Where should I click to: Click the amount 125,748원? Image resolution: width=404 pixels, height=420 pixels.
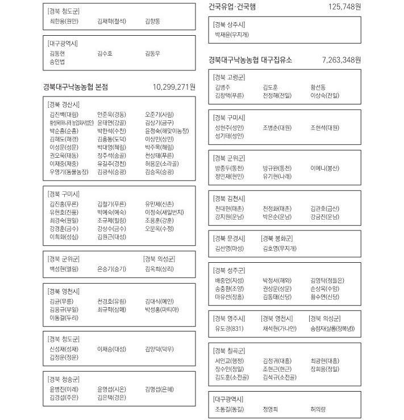point(344,7)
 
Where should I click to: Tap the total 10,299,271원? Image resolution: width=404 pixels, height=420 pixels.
point(174,87)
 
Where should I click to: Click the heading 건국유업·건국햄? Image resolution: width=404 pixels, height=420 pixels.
point(232,7)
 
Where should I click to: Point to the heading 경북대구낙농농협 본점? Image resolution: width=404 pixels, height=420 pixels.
point(75,87)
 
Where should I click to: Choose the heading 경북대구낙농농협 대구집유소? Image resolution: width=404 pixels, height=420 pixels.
point(250,60)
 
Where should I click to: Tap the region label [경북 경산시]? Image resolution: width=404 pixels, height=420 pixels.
point(64,105)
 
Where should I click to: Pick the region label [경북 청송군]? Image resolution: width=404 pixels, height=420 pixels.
point(64,379)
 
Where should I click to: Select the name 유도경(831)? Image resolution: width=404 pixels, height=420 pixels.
point(229,328)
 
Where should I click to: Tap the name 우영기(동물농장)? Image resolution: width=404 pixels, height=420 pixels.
point(69,171)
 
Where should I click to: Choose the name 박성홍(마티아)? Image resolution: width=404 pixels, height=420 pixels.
point(162,309)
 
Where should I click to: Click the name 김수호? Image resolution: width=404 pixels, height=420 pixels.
point(105,53)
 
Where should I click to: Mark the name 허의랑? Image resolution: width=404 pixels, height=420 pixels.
point(318,409)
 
